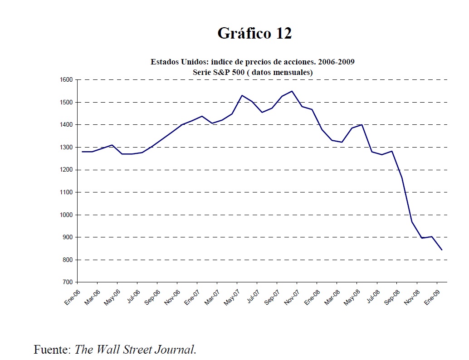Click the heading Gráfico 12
(254, 33)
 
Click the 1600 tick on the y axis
(66, 80)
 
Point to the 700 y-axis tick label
(68, 282)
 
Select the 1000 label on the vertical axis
(66, 215)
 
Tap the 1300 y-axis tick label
(66, 148)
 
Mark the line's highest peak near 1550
(292, 91)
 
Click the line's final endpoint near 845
(442, 250)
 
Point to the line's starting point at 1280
(83, 152)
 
